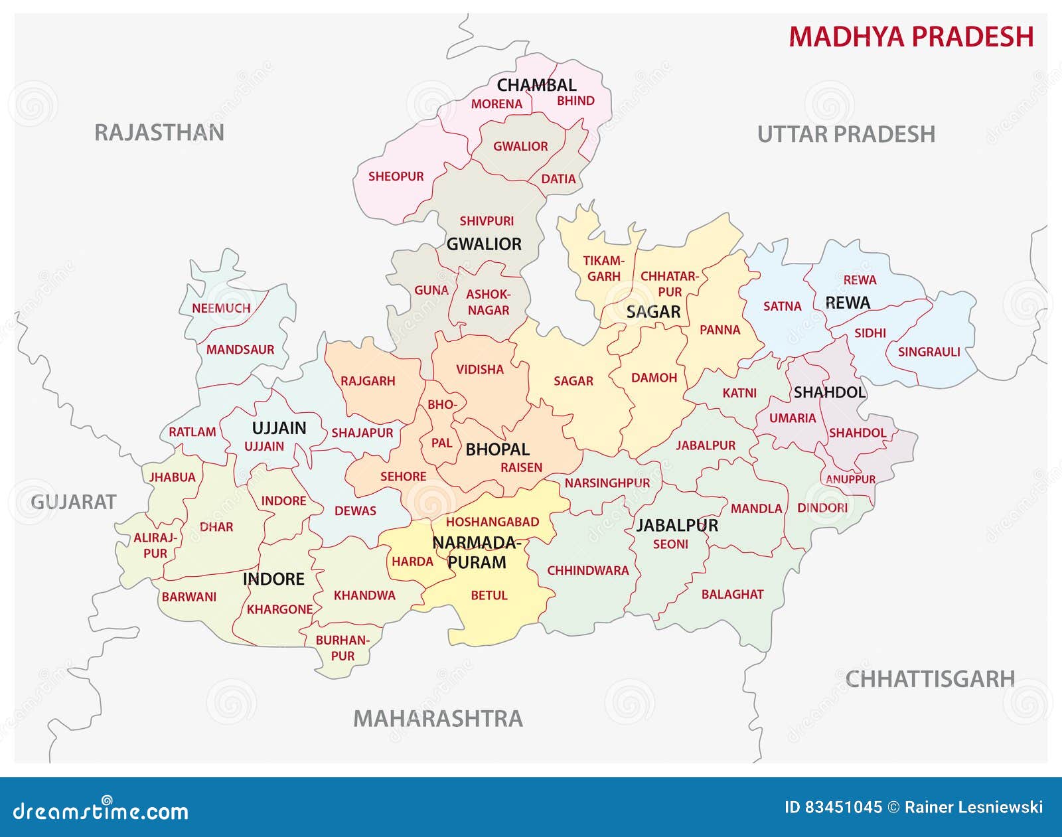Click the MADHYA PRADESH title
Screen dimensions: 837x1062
911,37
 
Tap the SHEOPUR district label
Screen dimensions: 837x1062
396,177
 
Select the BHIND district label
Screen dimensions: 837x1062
575,101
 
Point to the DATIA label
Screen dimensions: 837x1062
558,179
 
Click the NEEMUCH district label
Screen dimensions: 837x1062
221,309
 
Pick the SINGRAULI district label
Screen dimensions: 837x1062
929,352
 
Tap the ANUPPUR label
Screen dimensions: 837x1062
850,479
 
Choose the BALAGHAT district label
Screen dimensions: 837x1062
732,595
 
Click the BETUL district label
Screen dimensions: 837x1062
489,595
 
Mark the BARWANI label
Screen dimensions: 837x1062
189,597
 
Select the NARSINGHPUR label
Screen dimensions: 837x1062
607,483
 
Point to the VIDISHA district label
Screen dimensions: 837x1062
479,370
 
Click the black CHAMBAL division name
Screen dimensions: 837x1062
536,85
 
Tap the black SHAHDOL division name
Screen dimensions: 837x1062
830,392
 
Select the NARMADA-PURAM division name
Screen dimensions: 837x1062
476,553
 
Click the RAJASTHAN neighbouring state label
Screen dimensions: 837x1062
159,133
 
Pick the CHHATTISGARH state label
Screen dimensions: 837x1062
930,679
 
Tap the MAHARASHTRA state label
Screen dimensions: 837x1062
437,718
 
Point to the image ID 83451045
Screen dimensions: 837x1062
833,808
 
